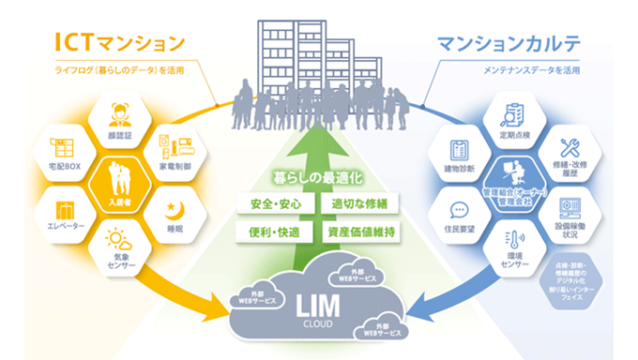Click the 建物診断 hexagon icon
pos(461,149)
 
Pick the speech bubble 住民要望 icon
pos(460,208)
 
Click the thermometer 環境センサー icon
pos(512,239)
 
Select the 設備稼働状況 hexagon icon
pos(569,205)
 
